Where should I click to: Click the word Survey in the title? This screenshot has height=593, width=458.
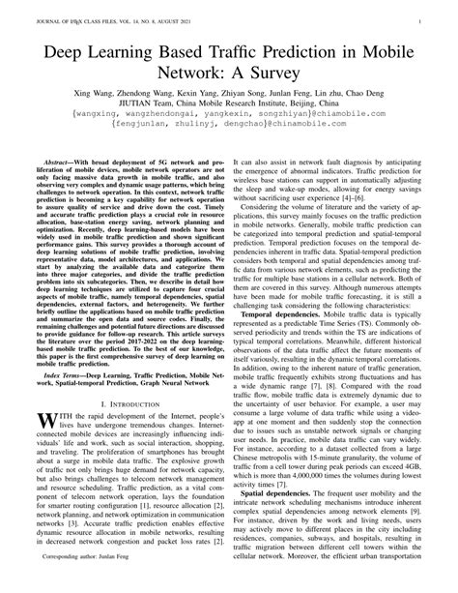pyautogui.click(x=291, y=73)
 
